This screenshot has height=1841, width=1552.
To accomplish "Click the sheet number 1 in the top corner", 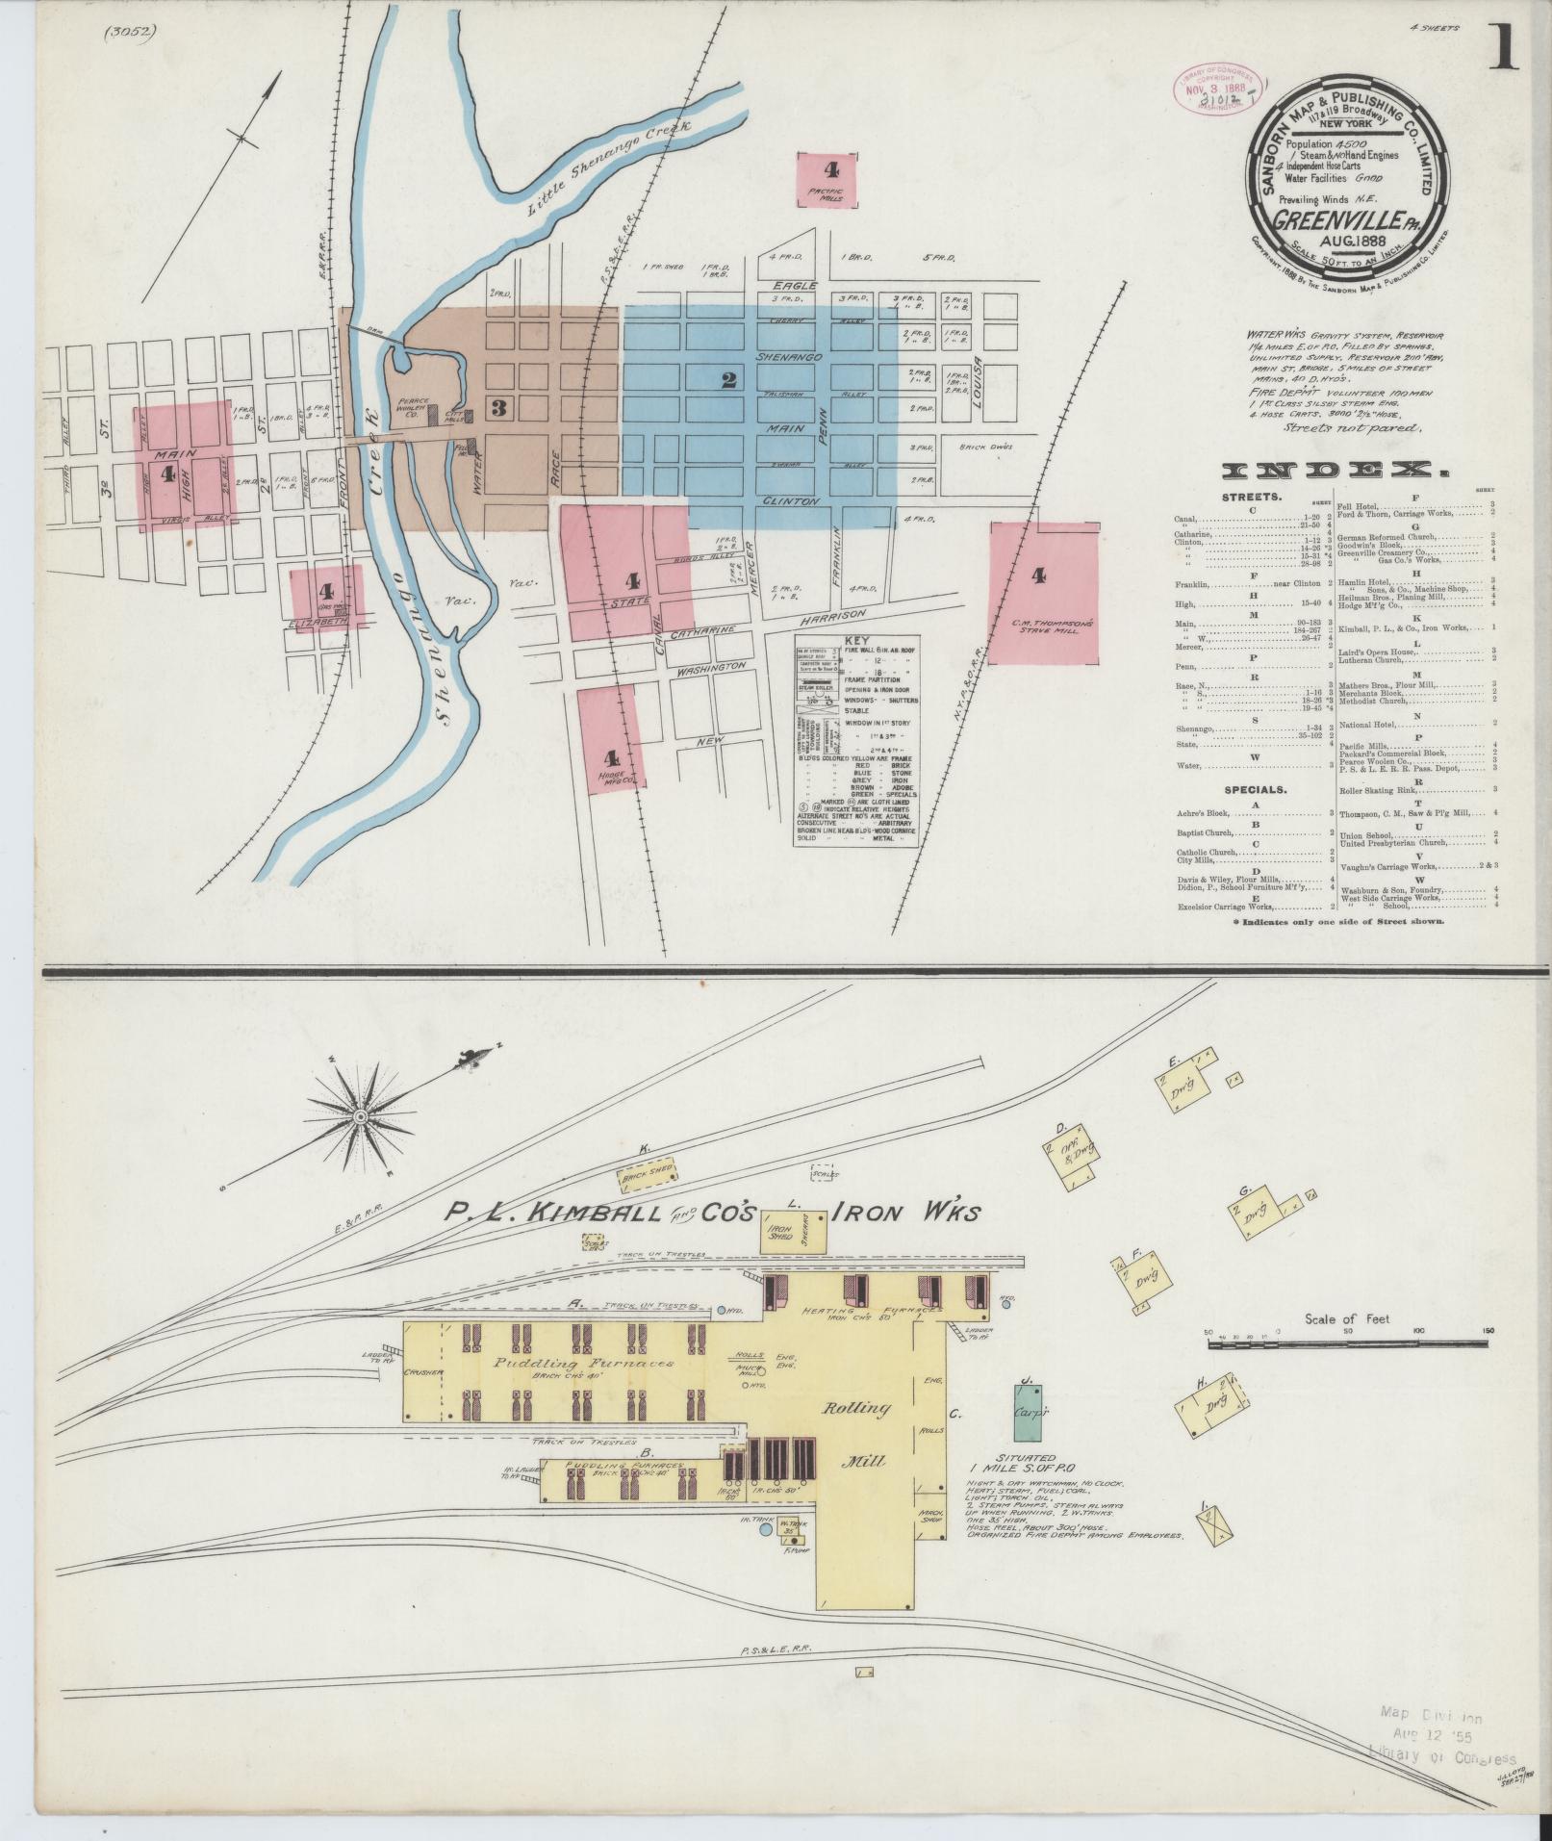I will coord(1503,48).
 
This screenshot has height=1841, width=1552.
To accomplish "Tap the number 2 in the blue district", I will coord(728,380).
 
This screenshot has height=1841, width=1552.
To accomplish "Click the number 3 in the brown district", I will coord(498,407).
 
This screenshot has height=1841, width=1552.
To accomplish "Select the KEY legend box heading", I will coord(855,640).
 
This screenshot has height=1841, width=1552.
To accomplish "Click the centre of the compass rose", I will coord(359,1116).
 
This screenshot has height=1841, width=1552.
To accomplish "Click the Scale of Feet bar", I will coord(1347,1336).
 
